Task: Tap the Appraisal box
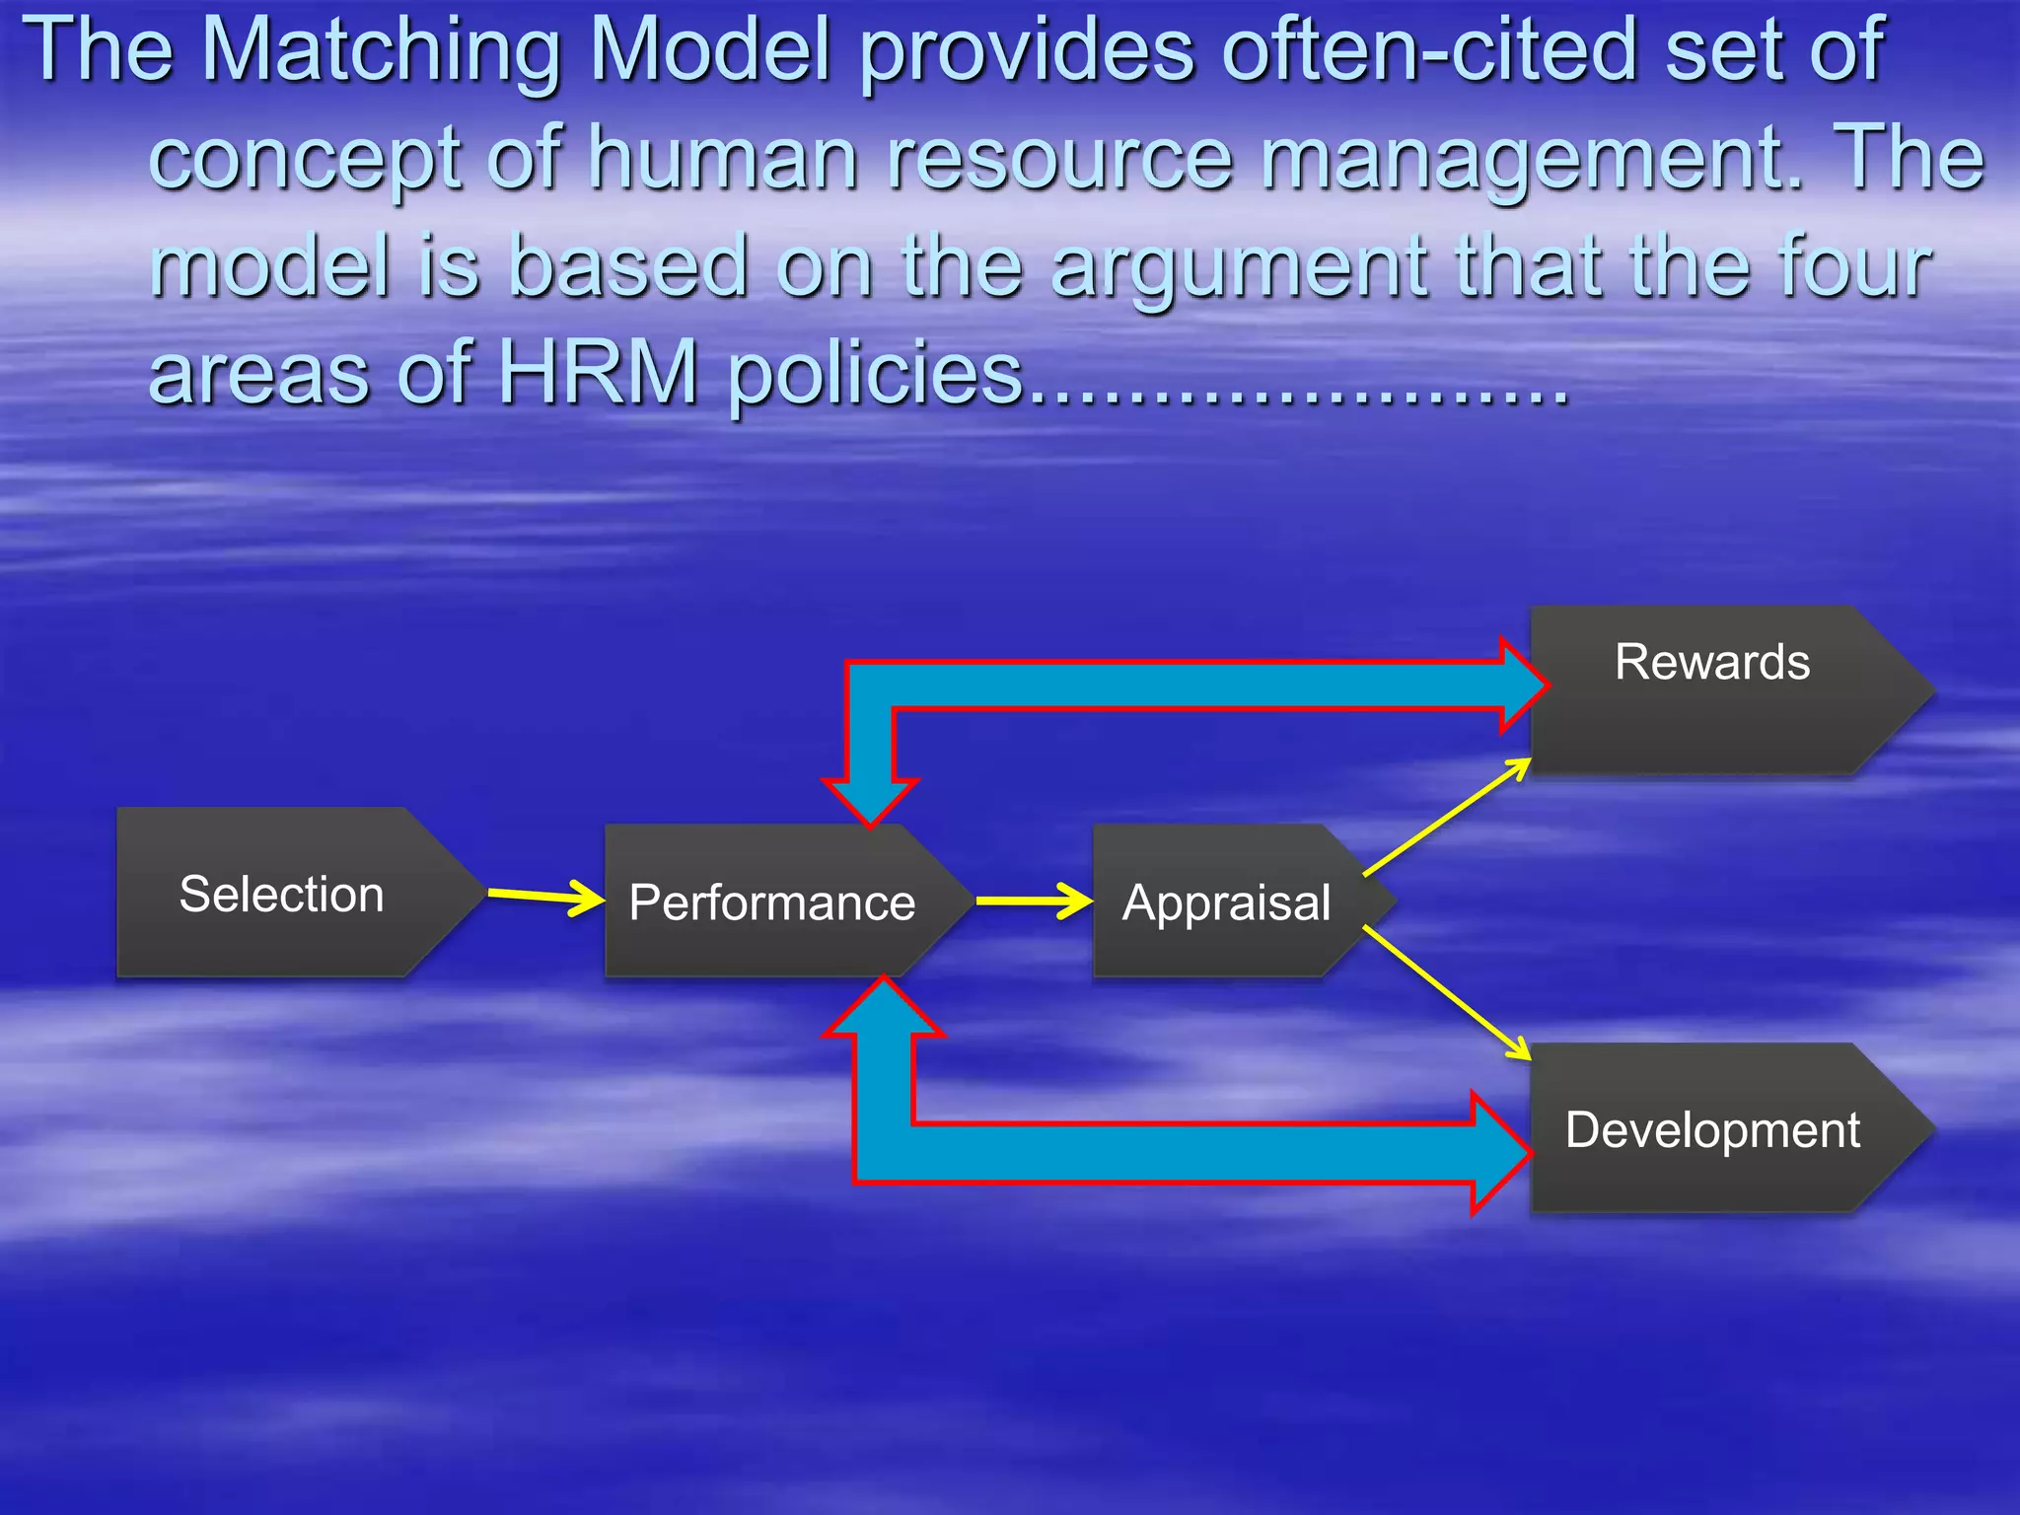pos(1227,902)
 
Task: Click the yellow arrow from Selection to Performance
pos(544,896)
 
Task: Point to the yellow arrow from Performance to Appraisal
pos(1032,901)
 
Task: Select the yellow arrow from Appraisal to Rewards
pos(1446,818)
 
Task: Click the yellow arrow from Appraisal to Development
pos(1446,993)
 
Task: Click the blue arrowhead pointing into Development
pos(1499,1152)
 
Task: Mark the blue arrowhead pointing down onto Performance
pos(871,799)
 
